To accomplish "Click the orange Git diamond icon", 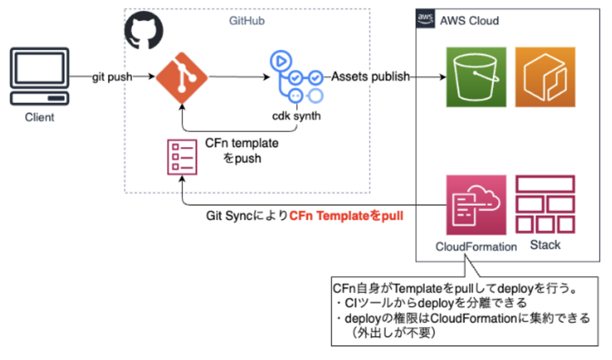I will coord(182,77).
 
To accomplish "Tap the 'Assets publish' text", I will coord(370,77).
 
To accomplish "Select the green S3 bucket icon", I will coord(476,77).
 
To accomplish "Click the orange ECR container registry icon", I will coord(545,77).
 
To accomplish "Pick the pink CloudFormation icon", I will coord(476,205).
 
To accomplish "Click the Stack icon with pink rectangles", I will coord(545,205).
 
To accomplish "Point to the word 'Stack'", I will coord(545,245).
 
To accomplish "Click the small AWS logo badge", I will coord(425,18).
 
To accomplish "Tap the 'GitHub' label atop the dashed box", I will coord(247,21).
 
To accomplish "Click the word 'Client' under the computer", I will coord(40,117).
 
